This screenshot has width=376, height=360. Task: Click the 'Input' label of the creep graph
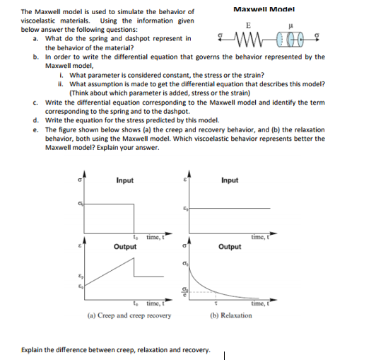(x=124, y=180)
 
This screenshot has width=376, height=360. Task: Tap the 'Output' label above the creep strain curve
(x=125, y=247)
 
